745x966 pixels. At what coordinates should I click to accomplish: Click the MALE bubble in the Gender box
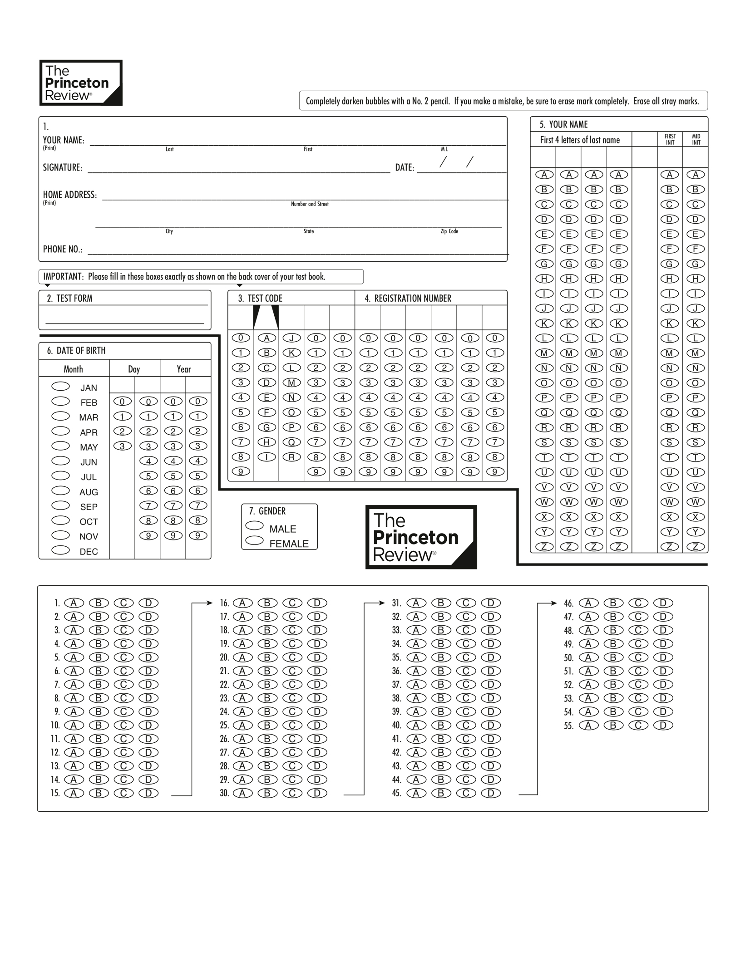(254, 525)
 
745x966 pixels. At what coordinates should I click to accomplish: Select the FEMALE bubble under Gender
(254, 540)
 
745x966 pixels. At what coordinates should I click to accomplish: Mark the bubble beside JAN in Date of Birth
(60, 386)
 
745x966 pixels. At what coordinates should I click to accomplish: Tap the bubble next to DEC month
(60, 550)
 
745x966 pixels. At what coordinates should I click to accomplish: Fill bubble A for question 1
(74, 603)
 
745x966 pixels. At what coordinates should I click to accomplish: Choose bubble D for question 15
(148, 793)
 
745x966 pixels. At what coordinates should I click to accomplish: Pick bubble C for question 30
(292, 793)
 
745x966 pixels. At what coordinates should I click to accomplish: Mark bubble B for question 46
(613, 603)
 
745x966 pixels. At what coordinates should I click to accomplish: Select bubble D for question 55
(663, 725)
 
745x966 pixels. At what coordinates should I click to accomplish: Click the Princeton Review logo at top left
(81, 83)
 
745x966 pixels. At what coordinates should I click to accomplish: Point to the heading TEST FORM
(74, 299)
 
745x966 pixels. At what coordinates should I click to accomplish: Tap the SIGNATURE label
(63, 167)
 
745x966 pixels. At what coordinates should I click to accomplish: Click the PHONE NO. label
(63, 249)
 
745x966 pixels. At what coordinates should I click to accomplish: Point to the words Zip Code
(449, 231)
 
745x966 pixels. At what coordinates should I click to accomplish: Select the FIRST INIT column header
(670, 139)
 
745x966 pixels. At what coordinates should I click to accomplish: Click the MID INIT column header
(696, 139)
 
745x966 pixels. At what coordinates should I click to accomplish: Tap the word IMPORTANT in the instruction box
(63, 277)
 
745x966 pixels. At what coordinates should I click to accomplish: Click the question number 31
(397, 603)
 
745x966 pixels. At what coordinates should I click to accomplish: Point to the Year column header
(184, 369)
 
